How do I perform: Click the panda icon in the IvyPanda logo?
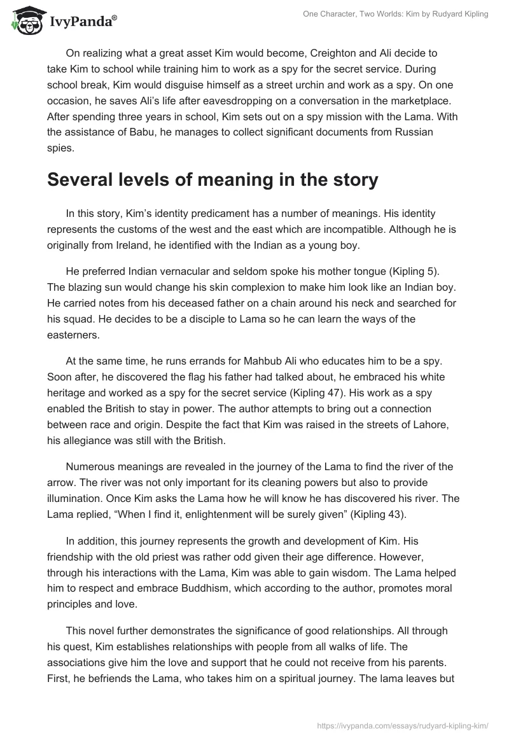coord(25,20)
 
